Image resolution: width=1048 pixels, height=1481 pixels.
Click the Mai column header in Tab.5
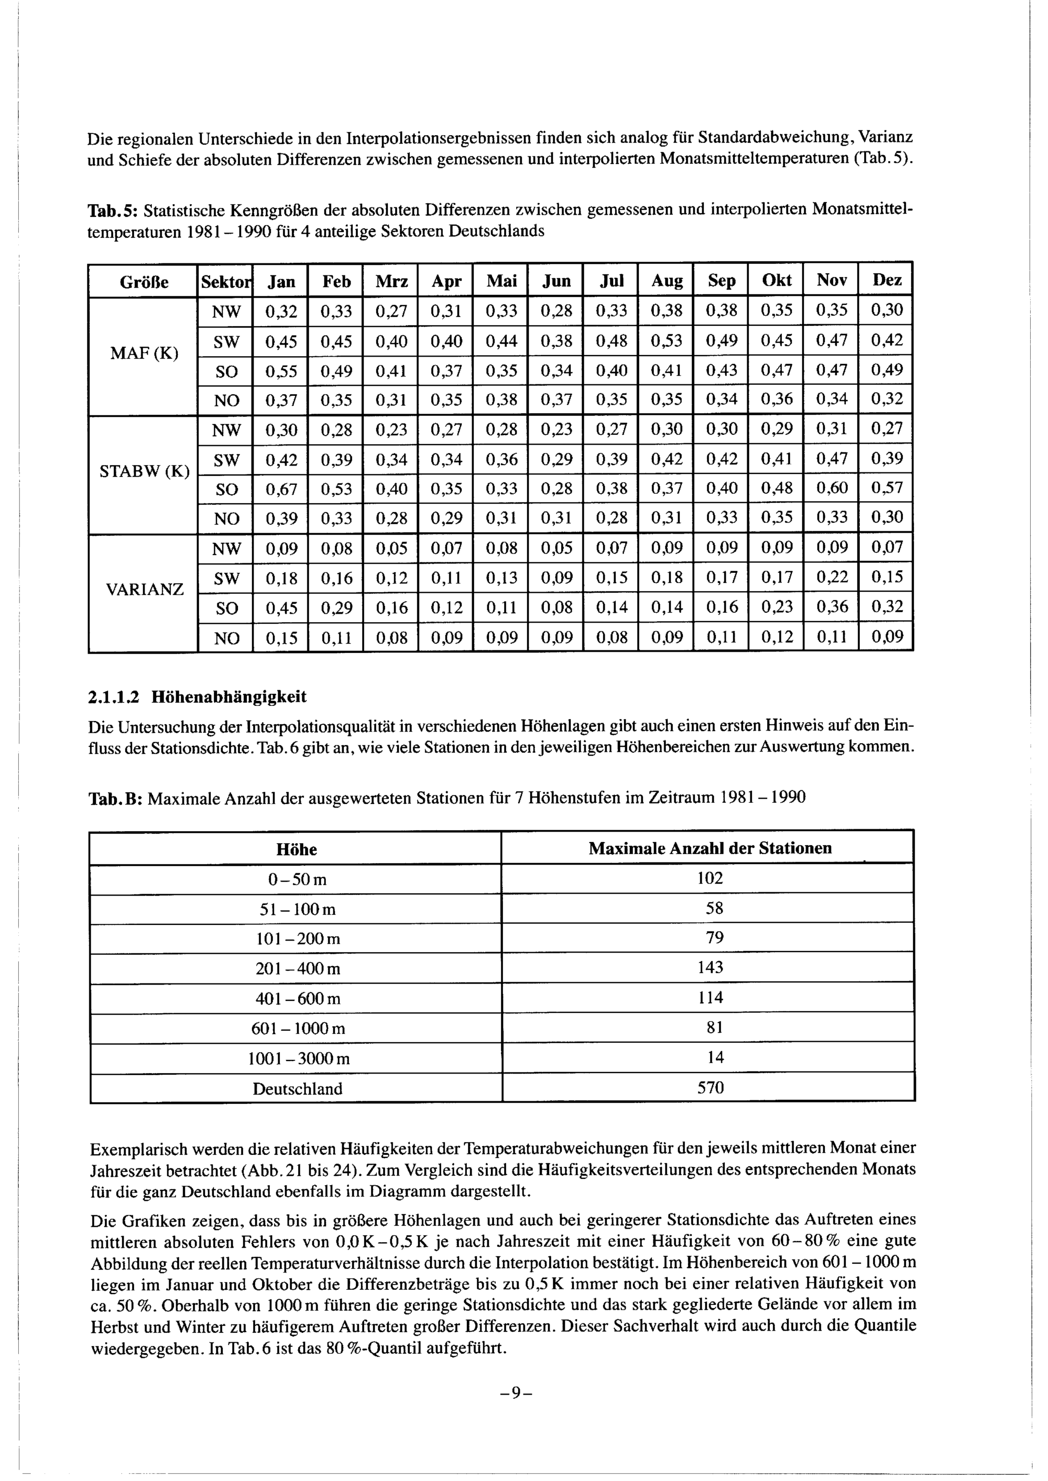(x=501, y=281)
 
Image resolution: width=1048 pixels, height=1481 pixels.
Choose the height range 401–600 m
(x=297, y=999)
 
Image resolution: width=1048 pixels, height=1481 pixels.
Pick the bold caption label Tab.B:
(x=115, y=799)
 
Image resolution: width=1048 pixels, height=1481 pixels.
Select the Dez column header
(x=887, y=281)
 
